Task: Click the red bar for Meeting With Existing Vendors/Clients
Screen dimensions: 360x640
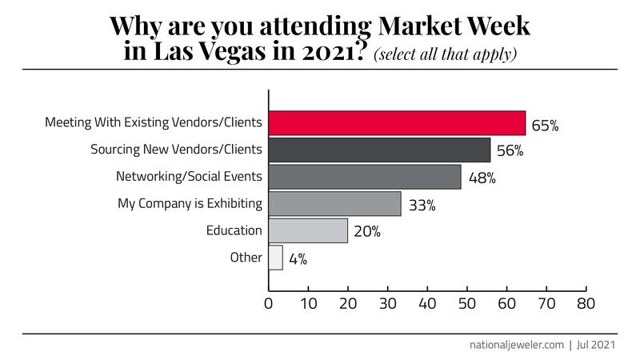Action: [397, 123]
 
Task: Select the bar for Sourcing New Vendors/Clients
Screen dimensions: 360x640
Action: [379, 150]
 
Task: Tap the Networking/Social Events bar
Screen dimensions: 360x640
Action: [365, 177]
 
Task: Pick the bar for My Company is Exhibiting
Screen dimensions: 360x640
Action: [334, 204]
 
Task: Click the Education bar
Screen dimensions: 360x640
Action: [308, 230]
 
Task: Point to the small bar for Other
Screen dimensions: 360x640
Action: [276, 258]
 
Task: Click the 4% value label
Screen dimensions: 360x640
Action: [298, 259]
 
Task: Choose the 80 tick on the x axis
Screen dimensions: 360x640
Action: [586, 304]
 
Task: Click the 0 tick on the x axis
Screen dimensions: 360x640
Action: [269, 304]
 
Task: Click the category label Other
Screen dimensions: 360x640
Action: [246, 258]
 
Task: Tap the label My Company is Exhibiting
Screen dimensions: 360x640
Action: [190, 204]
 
